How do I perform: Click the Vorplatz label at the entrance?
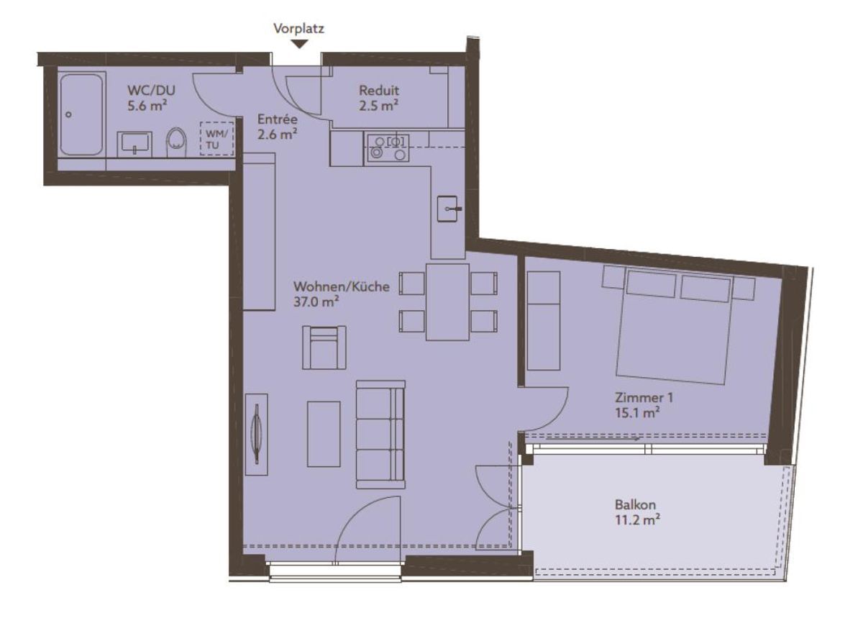[298, 29]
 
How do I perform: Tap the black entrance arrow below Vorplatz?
[300, 45]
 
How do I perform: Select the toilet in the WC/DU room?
[176, 142]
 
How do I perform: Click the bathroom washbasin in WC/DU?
[134, 144]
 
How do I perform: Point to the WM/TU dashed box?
[216, 139]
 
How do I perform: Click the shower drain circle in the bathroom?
[68, 114]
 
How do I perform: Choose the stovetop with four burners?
[388, 148]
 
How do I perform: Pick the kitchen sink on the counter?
[447, 209]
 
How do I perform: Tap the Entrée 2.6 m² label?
[277, 127]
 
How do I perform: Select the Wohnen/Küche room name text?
[342, 286]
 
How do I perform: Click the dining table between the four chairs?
[447, 301]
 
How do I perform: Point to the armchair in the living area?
[324, 348]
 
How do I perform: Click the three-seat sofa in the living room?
[380, 435]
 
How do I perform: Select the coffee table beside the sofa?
[324, 434]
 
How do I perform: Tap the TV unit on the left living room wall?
[256, 434]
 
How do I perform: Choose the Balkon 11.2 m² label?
[638, 512]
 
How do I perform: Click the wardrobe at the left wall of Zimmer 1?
[543, 321]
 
